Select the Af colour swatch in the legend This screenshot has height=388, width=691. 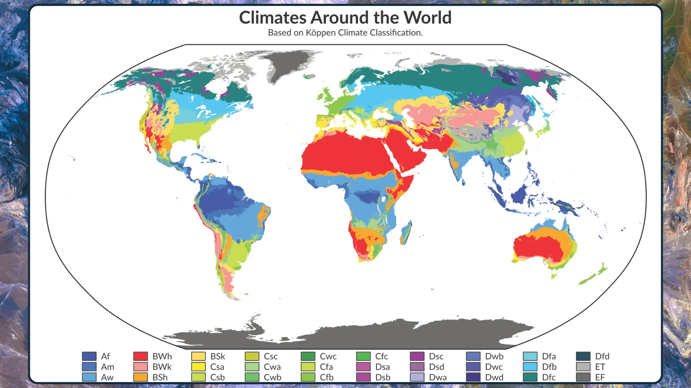point(89,356)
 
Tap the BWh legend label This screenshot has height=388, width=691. point(162,356)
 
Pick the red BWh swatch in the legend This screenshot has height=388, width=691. point(141,356)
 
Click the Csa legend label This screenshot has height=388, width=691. point(217,367)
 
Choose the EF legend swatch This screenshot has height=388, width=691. point(583,377)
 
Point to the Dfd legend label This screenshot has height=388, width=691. point(602,356)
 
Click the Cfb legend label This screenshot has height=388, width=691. point(326,377)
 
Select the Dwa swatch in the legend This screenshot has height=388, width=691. point(417,377)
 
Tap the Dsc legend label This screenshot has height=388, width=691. point(436,356)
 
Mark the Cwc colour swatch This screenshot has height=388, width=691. point(308,356)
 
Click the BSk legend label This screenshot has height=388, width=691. point(218,356)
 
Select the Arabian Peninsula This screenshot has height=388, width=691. point(408,152)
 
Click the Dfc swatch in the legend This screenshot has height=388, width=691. point(530,377)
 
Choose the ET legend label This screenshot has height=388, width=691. point(600,367)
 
